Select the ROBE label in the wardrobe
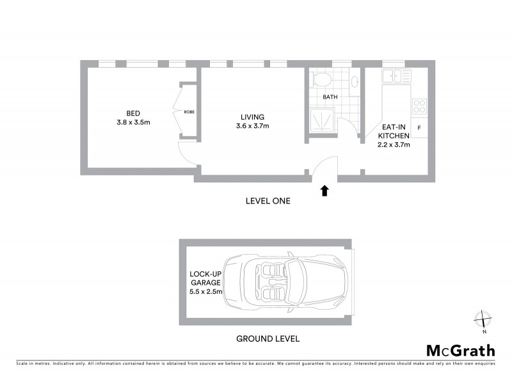(x=189, y=111)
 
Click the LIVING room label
(x=252, y=116)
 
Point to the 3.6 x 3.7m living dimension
(x=252, y=126)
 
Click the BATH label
(x=330, y=97)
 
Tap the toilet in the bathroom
(x=321, y=80)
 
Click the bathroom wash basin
(x=354, y=81)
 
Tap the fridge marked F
(x=419, y=127)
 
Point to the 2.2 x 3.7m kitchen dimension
(x=394, y=145)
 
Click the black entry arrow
(x=324, y=190)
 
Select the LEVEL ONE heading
(x=268, y=201)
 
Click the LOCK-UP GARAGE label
(x=205, y=278)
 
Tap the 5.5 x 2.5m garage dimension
(x=205, y=292)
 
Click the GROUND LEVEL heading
(x=267, y=339)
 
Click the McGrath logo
(x=460, y=350)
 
